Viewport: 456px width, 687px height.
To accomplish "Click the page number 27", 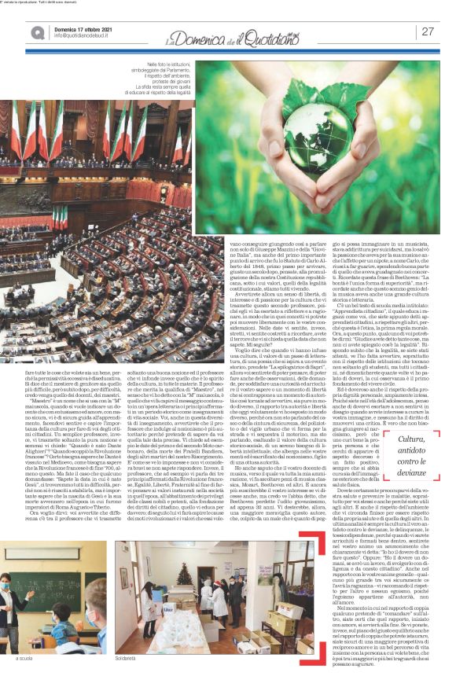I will click(x=428, y=31).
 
